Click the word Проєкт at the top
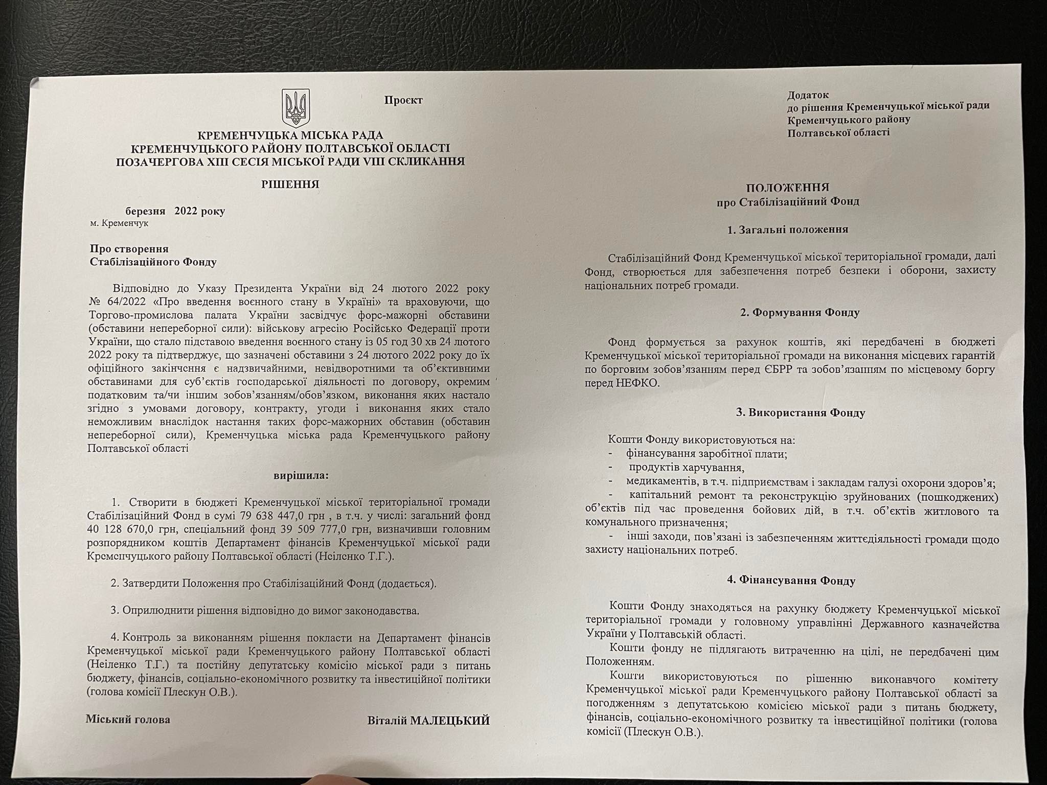403,100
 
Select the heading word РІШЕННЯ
290,184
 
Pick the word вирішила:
301,475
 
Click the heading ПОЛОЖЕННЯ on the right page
787,188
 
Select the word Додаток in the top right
808,95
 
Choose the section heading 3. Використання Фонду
800,413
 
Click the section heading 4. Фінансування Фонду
791,581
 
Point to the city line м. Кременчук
120,223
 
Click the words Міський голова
128,720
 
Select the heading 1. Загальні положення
787,229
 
